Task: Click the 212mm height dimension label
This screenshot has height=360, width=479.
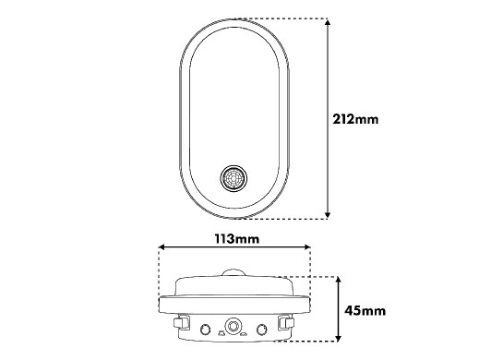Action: coord(355,119)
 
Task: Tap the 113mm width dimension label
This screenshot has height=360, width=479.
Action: coord(237,238)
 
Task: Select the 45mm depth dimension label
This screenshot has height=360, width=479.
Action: coord(365,311)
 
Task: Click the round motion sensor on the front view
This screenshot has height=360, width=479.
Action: coord(234,178)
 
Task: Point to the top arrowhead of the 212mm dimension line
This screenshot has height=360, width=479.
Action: coord(328,22)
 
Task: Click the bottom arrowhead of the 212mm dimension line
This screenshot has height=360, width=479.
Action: coord(328,215)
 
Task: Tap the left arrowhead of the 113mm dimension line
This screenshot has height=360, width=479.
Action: coord(162,246)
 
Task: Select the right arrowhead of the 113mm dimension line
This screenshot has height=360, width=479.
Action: coord(306,246)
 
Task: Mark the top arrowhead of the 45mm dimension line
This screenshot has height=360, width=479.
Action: coord(338,281)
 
